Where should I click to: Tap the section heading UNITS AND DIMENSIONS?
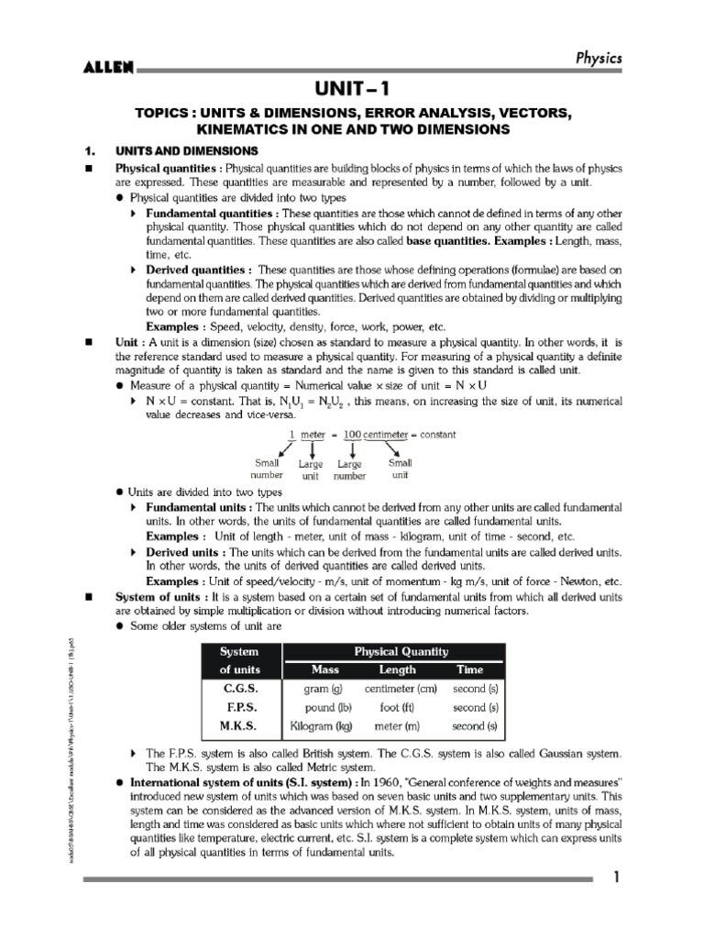[x=185, y=150]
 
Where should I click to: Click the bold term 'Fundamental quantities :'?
[x=199, y=213]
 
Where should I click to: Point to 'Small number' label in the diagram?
[x=268, y=469]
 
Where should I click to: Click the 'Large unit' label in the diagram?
[x=311, y=470]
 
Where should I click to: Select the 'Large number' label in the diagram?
[x=349, y=470]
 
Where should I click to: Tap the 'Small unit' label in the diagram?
[x=401, y=469]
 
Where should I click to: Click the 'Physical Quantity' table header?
[x=394, y=652]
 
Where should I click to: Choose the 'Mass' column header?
[x=325, y=669]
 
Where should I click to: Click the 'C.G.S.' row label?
[x=241, y=688]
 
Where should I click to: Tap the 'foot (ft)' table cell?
[x=395, y=707]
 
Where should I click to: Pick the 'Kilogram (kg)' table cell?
[x=321, y=726]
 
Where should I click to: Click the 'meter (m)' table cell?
[x=396, y=726]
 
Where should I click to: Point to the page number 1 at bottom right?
[x=617, y=878]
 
